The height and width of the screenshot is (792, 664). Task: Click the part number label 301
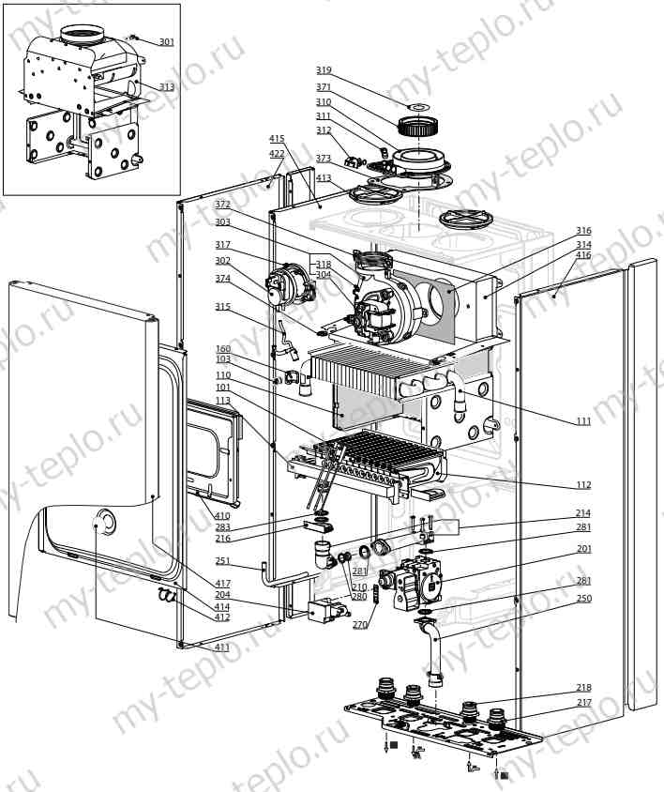click(x=167, y=42)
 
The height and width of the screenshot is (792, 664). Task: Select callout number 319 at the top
click(x=324, y=69)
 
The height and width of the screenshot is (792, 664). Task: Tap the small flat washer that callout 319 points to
click(x=418, y=107)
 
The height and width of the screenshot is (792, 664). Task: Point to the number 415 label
click(x=277, y=138)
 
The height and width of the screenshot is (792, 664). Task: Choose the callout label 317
click(x=222, y=245)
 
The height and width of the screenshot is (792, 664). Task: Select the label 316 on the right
click(x=583, y=230)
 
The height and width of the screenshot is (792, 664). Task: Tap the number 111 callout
click(x=583, y=420)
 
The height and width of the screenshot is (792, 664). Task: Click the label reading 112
click(x=583, y=485)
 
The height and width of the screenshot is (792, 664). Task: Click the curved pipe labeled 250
click(x=431, y=651)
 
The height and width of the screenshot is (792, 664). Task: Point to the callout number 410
click(x=222, y=516)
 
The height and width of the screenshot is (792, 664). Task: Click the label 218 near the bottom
click(x=583, y=688)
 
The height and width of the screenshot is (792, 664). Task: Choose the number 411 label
click(x=222, y=647)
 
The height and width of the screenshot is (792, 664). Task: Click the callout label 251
click(x=222, y=560)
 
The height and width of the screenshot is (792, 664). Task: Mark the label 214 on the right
click(x=583, y=513)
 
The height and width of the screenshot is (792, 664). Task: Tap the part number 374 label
click(x=222, y=279)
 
